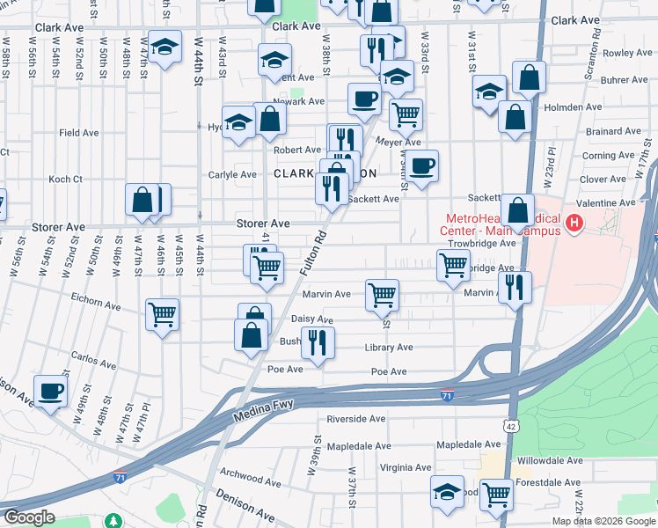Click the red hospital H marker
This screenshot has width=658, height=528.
pyautogui.click(x=574, y=224)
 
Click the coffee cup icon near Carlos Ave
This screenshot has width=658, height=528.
pyautogui.click(x=50, y=389)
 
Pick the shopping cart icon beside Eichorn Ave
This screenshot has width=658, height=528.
pyautogui.click(x=163, y=314)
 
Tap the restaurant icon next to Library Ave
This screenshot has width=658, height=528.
pyautogui.click(x=318, y=341)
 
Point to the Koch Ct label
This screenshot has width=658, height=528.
pyautogui.click(x=65, y=179)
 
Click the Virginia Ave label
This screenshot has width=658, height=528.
pyautogui.click(x=405, y=467)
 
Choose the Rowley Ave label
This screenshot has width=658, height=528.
pyautogui.click(x=627, y=53)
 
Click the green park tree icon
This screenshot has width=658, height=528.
pyautogui.click(x=113, y=520)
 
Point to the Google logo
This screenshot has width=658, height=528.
pyautogui.click(x=29, y=517)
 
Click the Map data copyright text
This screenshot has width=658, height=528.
pyautogui.click(x=604, y=521)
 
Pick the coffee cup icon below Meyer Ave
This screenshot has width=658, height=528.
pyautogui.click(x=421, y=165)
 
